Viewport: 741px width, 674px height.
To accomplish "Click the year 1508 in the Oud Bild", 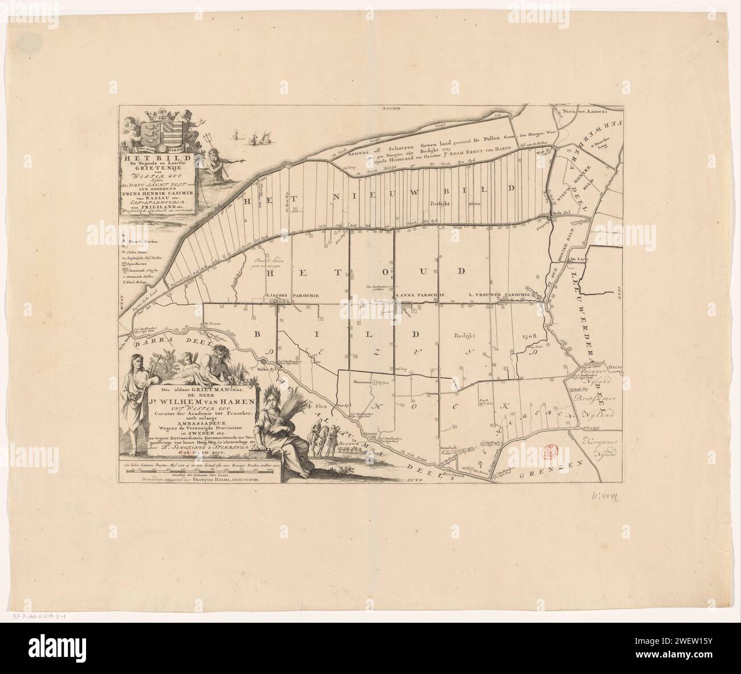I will [x=529, y=337].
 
